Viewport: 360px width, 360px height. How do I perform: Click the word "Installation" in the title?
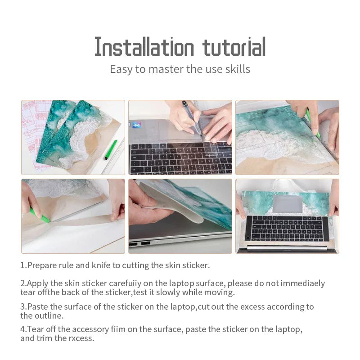pyautogui.click(x=144, y=47)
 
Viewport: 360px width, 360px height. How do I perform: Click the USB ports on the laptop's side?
pyautogui.click(x=139, y=243)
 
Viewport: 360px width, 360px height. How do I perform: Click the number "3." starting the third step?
pyautogui.click(x=23, y=306)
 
